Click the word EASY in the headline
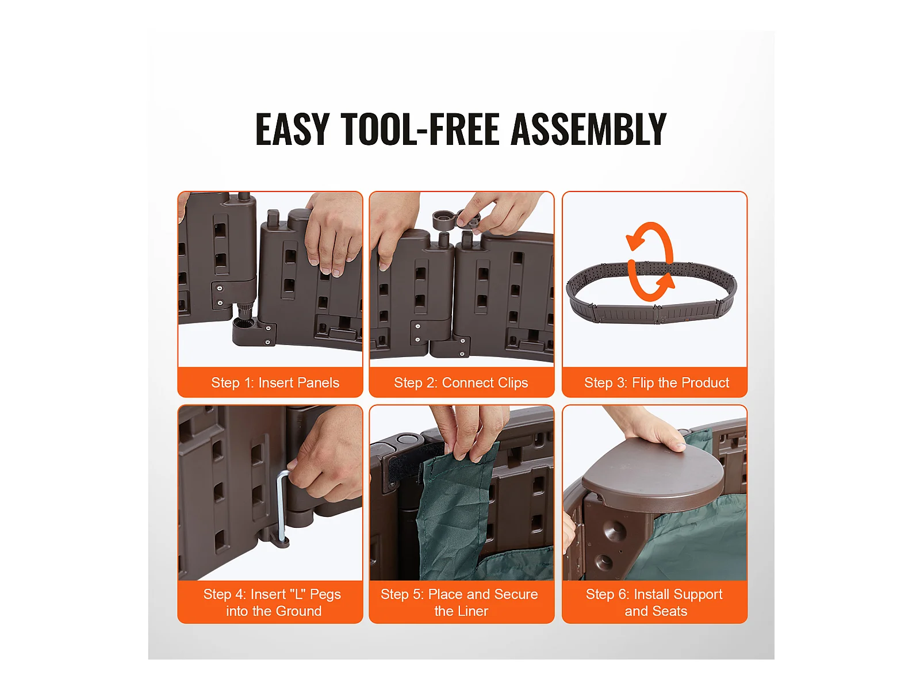point(292,129)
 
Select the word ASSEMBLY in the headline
point(588,129)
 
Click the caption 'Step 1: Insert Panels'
point(275,382)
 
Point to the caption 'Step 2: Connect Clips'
point(461,382)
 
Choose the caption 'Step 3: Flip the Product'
point(657,382)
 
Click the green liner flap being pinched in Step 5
point(459,503)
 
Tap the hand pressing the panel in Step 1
point(333,235)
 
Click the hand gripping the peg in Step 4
point(327,457)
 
